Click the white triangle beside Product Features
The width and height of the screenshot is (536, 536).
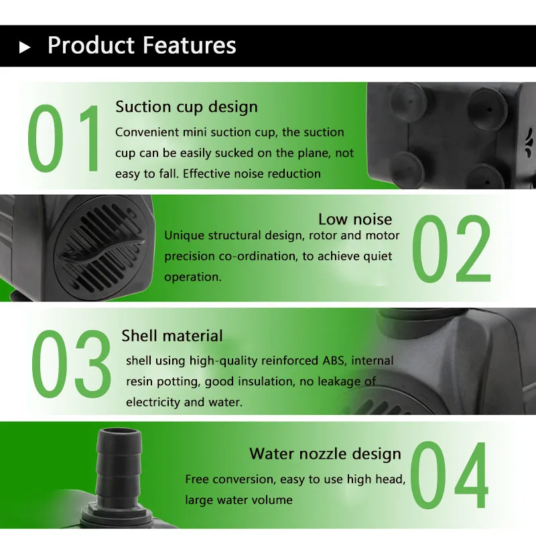24,47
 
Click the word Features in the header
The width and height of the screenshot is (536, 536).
189,45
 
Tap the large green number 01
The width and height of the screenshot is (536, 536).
64,139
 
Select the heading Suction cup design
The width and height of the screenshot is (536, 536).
187,107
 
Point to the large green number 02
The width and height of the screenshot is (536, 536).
452,249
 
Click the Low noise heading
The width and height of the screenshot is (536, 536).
355,220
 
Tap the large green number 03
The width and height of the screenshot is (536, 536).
72,364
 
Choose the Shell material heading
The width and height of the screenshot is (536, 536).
172,336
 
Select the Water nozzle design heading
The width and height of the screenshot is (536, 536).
325,454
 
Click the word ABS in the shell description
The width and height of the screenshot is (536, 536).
334,360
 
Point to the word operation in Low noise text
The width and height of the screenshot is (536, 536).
193,277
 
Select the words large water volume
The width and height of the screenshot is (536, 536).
239,500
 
